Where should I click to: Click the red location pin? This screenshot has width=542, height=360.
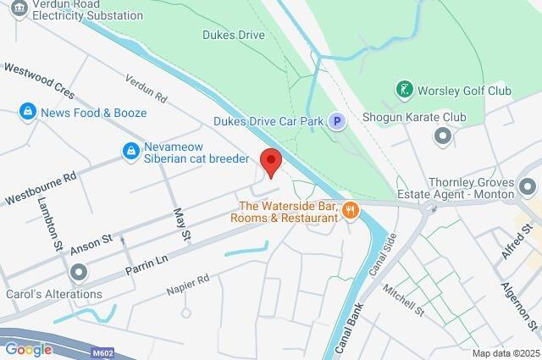(270, 161)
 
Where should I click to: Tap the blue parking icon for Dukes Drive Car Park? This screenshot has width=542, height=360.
(337, 122)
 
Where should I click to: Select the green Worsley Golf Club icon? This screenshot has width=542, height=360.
(405, 89)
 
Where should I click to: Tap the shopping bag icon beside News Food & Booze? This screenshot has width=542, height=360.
(28, 112)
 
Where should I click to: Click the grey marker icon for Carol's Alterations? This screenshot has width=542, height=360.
(79, 273)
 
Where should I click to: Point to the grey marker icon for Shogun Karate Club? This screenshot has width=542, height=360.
(442, 136)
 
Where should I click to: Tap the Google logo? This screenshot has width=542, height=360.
(28, 349)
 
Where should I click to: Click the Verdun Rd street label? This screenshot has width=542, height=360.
(142, 84)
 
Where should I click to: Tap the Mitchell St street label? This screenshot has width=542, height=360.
(402, 299)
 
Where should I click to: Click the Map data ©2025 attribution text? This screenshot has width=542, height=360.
(505, 353)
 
